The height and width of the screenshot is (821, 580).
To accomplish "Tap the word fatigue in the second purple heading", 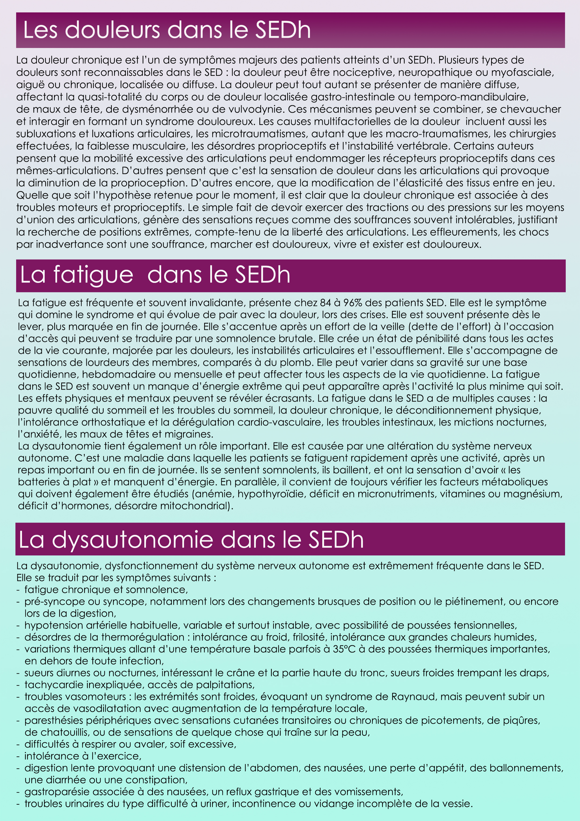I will [93, 275].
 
